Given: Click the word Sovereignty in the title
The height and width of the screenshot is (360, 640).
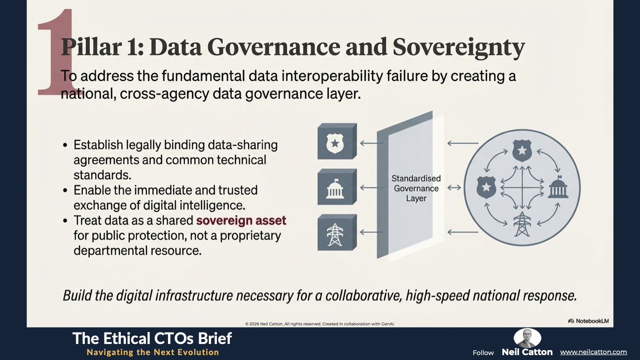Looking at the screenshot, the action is tap(459, 48).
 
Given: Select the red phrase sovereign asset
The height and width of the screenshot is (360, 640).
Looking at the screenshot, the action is tap(241, 220).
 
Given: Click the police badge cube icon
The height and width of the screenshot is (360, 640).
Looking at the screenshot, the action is tap(337, 141).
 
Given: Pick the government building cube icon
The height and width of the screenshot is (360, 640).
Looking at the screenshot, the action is tap(337, 187).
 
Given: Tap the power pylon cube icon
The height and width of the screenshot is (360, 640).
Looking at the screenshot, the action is tap(337, 232).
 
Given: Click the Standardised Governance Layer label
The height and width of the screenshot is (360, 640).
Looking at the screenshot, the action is tap(416, 188).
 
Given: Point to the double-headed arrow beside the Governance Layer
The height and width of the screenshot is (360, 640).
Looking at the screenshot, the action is tap(454, 188).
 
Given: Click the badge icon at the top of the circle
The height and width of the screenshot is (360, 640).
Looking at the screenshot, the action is tap(522, 151).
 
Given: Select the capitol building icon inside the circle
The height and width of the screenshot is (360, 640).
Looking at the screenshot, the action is tap(558, 187).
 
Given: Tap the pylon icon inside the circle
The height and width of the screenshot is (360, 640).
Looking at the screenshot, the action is tap(522, 224).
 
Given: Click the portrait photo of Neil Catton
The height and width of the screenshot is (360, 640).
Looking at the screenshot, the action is tap(527, 338).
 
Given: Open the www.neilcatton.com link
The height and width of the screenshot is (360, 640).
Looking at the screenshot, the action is tap(593, 352).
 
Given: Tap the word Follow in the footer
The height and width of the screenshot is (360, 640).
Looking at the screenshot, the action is tap(483, 353).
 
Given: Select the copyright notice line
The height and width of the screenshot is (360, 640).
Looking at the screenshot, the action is tap(320, 324).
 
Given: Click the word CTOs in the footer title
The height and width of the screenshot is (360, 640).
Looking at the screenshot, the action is tap(172, 339).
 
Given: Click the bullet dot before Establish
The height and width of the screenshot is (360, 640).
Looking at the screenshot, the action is tap(65, 145).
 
